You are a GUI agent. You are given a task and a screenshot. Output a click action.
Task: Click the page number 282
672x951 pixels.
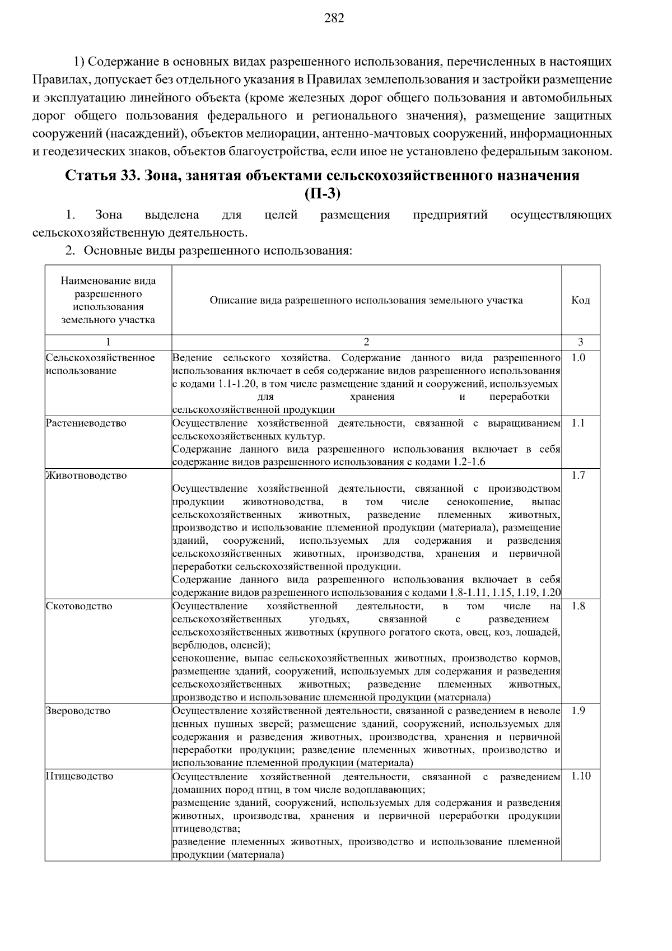point(334,18)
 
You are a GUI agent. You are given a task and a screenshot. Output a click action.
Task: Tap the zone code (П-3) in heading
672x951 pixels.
point(323,194)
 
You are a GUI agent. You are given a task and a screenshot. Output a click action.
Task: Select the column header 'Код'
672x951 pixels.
point(580,301)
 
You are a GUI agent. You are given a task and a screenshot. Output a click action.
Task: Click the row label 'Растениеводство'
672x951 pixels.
point(86,423)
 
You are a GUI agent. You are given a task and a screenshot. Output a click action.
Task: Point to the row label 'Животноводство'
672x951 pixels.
point(86,476)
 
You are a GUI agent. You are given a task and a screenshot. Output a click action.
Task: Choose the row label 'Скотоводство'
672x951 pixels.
point(79,607)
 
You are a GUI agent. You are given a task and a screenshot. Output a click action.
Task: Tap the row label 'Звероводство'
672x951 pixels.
point(78,711)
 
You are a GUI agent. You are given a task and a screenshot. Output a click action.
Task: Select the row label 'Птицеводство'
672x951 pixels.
point(80,776)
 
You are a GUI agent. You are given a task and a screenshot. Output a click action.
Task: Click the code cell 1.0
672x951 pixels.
point(578,358)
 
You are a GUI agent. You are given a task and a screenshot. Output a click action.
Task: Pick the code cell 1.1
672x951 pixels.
point(578,423)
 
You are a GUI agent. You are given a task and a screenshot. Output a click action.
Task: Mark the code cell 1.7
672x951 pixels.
point(578,476)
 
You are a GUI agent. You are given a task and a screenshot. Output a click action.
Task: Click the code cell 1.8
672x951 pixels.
point(578,607)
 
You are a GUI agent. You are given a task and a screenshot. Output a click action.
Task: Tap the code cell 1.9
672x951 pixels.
point(578,711)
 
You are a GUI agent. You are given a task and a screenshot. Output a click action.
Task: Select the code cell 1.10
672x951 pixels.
point(581,776)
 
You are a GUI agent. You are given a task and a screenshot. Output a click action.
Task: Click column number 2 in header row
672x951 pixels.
point(366,342)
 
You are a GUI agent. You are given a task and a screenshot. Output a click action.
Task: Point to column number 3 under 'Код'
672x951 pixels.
point(580,342)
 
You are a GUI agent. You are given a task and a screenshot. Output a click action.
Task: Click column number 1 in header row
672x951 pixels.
point(108,342)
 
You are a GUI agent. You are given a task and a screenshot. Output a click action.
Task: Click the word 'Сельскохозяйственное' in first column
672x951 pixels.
point(100,358)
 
